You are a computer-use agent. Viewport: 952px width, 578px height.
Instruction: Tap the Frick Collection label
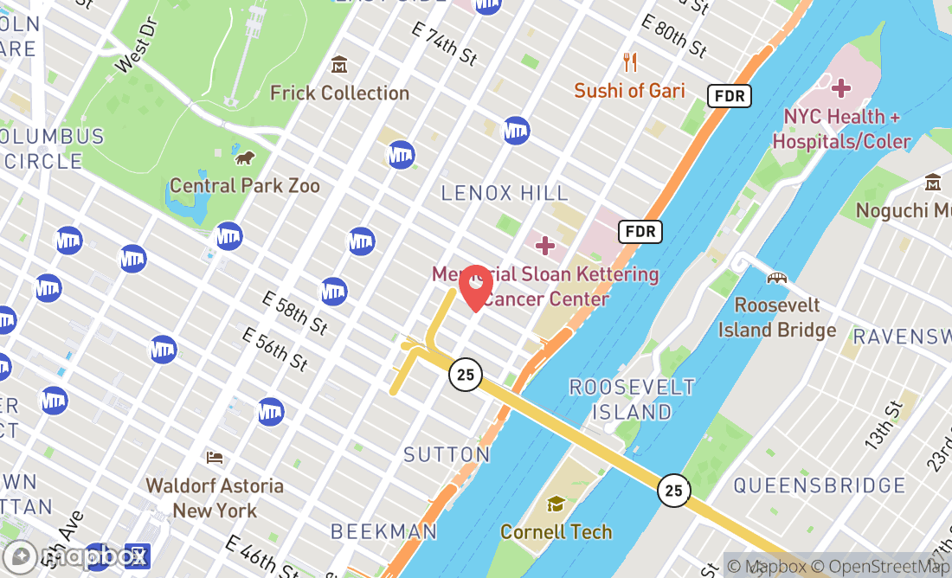click(339, 93)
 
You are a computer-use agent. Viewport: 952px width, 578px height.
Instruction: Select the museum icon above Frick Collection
click(339, 65)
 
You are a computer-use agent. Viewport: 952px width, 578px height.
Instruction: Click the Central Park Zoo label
click(245, 185)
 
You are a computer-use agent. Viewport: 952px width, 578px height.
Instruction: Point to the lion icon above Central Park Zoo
click(245, 157)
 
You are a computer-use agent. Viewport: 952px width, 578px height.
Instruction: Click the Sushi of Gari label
click(629, 90)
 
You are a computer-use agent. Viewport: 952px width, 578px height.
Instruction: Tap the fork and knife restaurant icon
click(630, 62)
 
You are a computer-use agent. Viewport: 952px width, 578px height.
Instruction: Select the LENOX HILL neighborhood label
click(505, 193)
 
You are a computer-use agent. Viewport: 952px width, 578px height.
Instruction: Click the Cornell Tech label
click(556, 531)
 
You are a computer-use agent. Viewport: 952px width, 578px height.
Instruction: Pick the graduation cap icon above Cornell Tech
click(556, 504)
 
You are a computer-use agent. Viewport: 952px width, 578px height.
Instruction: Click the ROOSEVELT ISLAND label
click(632, 399)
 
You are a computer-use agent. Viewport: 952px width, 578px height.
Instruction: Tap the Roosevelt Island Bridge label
click(776, 318)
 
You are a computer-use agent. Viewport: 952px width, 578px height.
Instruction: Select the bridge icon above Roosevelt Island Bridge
click(777, 279)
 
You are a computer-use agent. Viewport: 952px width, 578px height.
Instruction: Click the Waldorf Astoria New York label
click(215, 498)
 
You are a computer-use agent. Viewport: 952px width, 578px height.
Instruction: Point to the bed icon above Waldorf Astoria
click(215, 457)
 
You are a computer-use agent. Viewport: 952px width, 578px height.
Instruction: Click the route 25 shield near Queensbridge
click(673, 491)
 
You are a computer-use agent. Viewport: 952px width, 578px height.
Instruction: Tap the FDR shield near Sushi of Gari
click(730, 95)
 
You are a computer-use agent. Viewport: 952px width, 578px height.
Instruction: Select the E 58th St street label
click(295, 313)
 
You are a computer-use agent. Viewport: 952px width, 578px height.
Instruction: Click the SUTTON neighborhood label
click(447, 454)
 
